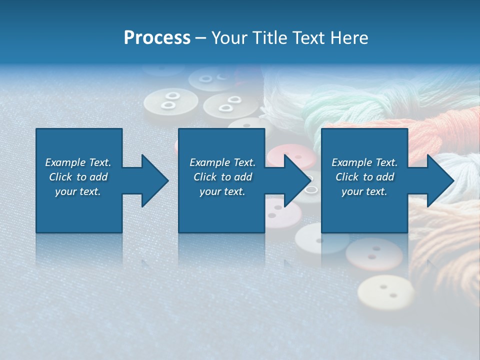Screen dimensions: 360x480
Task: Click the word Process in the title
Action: (157, 38)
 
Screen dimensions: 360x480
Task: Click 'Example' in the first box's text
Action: (65, 162)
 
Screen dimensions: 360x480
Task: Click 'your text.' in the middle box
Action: (222, 191)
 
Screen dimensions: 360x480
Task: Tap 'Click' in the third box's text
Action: (347, 177)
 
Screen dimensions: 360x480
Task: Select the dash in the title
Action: (201, 38)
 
